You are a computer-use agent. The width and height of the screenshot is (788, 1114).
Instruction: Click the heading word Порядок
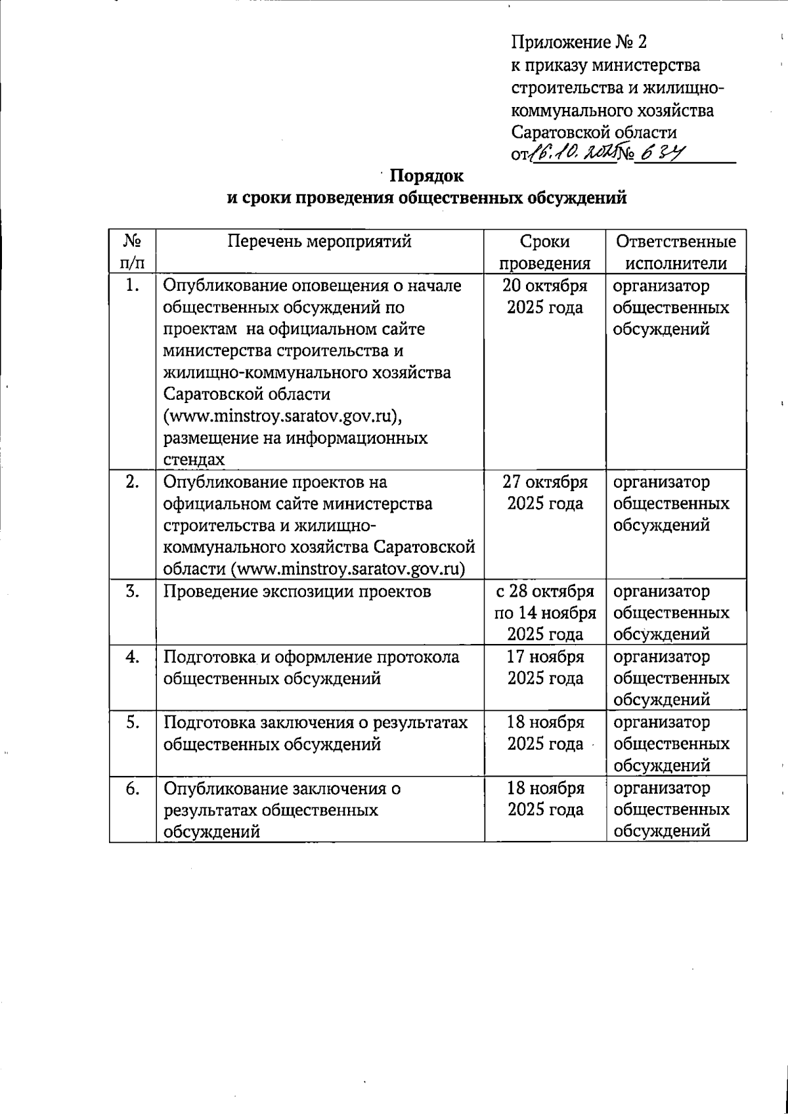(x=427, y=176)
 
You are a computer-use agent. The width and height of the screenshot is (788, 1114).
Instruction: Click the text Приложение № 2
(x=579, y=43)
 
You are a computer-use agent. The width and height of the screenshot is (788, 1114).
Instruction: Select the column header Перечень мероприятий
(x=319, y=242)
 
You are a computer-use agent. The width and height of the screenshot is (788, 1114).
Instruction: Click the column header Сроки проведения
(x=544, y=252)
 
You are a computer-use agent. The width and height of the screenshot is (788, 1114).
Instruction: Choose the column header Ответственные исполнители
(x=676, y=252)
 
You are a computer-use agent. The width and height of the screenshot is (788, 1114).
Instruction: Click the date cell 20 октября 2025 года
(x=544, y=296)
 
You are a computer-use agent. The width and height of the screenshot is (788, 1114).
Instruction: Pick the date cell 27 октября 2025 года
(x=544, y=492)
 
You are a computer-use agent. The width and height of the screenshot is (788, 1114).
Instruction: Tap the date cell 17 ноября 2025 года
(x=544, y=667)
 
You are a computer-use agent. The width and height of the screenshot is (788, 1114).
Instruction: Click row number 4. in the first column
(x=133, y=657)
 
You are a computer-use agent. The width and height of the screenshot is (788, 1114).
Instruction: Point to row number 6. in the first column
(x=133, y=788)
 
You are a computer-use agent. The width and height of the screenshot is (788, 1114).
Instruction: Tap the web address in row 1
(x=282, y=416)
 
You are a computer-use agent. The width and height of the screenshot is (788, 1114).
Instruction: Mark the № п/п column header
(x=133, y=252)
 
